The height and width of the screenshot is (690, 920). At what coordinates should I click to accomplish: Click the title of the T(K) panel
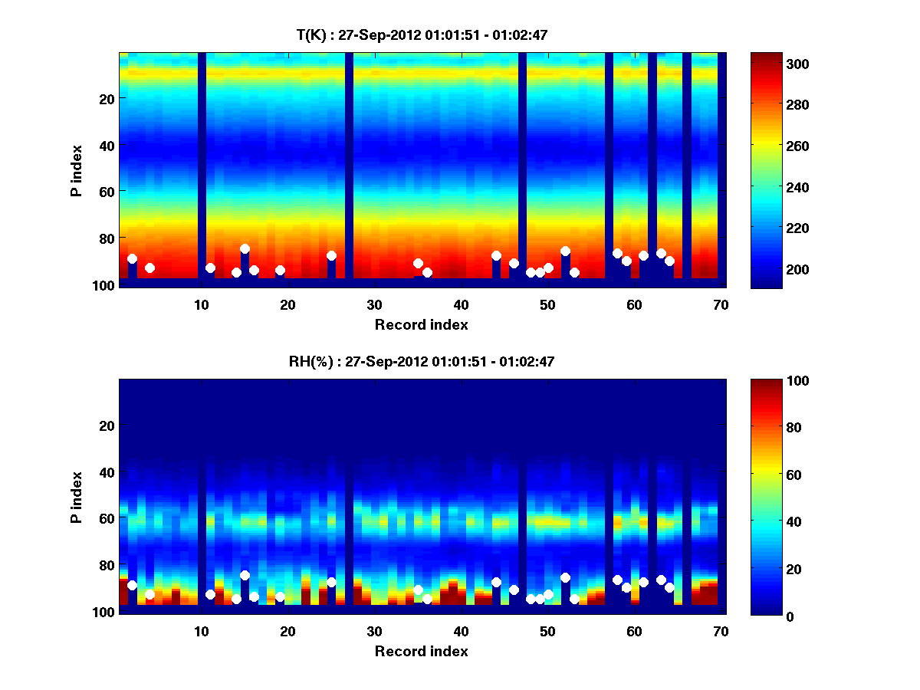coord(422,34)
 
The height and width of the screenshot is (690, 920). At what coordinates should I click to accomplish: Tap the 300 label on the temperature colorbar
coord(770,64)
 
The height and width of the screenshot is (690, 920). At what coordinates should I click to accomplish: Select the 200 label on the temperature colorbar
coord(770,269)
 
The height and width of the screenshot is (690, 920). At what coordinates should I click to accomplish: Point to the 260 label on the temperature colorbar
coord(770,146)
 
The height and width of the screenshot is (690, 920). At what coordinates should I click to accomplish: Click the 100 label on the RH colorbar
coord(770,381)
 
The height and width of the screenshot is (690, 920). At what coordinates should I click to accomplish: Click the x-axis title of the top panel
coord(422,324)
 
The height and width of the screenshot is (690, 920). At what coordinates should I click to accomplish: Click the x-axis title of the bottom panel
coord(422,651)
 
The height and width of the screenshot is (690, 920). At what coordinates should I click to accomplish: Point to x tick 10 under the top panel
coord(201,304)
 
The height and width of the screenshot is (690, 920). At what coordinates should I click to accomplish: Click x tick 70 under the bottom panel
coord(721,631)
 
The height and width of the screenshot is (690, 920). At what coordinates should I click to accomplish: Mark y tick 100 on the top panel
coord(106,285)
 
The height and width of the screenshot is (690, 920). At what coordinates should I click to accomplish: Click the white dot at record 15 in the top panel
coord(245,248)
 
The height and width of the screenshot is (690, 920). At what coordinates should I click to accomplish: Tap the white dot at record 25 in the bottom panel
coord(331,582)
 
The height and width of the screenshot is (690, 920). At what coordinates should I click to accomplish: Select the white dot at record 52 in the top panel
coord(565,251)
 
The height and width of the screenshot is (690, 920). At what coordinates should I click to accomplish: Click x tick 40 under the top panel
coord(461,304)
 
